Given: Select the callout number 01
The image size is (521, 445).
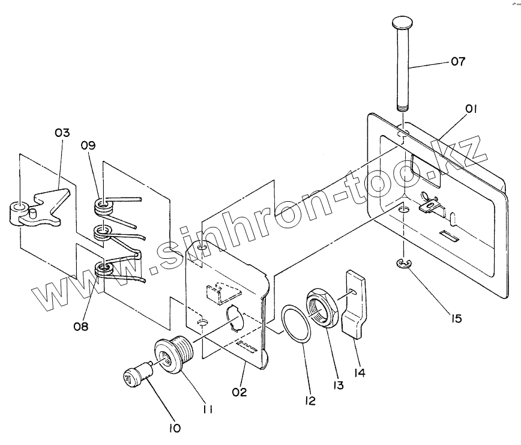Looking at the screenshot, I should point(472,109).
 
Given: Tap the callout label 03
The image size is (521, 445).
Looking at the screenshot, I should point(62,133).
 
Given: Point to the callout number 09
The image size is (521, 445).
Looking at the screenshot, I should point(89,145).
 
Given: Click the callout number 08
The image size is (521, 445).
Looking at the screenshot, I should point(80,327).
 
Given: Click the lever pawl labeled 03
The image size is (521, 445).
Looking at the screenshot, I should point(37,209).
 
